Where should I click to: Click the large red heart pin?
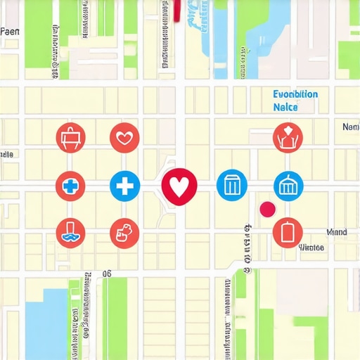pos(179,186)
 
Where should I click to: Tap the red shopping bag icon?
pos(70,137)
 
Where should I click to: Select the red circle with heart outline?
pos(125,137)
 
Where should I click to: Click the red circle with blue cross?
pos(70,186)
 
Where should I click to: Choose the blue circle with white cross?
pos(125,186)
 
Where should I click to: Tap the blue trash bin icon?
pos(231,186)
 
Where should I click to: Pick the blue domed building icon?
pos(287,186)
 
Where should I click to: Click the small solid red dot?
pos(267,209)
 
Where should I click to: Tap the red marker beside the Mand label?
pos(287,232)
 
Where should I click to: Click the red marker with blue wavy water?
pos(70,232)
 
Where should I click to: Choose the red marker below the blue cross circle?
pos(125,232)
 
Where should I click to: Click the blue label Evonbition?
pos(295,94)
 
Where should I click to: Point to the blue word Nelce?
pos(284,108)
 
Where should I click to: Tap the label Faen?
pos(9,32)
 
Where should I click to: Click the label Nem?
pos(350,127)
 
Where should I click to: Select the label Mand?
pos(337,232)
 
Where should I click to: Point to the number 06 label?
pos(107,274)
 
